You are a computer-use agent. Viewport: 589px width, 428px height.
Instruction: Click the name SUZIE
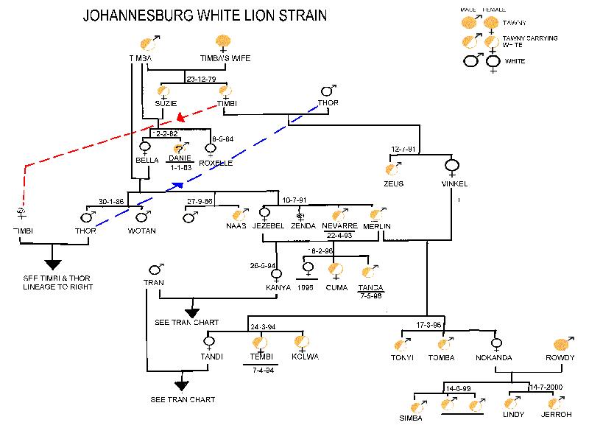166,103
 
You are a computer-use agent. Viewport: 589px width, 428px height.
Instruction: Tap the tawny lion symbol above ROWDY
562,343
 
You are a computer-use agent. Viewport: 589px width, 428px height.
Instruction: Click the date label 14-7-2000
546,387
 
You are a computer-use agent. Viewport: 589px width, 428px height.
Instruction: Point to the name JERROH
556,415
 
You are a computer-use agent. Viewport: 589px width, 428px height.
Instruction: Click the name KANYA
277,287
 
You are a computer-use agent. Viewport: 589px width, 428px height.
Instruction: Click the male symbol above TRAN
155,269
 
